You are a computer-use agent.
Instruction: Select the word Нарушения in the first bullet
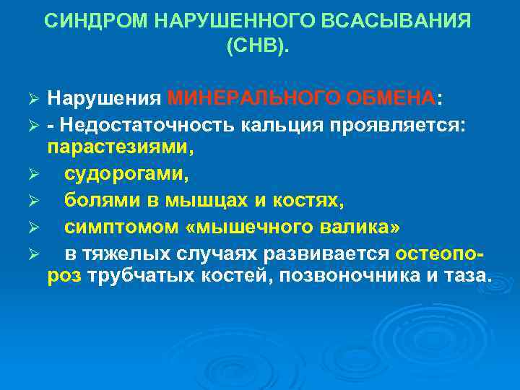104,97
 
